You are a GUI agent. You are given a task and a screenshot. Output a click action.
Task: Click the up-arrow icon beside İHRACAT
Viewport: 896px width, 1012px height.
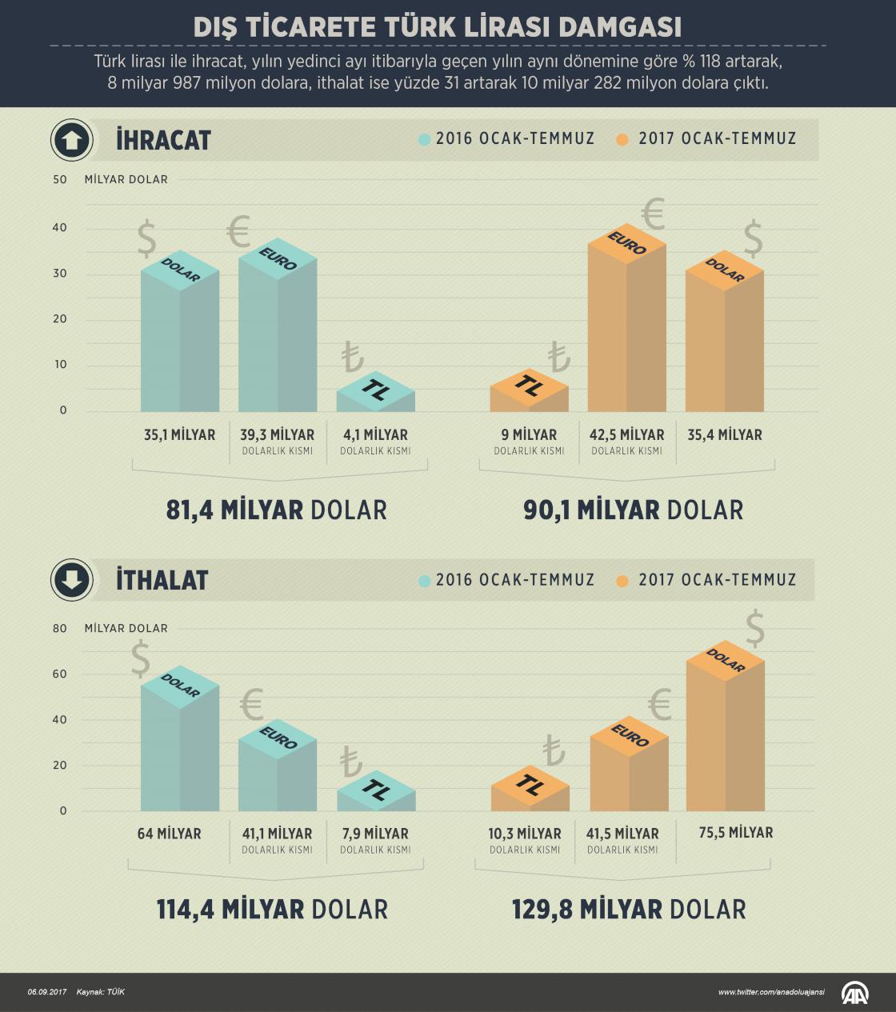click(71, 141)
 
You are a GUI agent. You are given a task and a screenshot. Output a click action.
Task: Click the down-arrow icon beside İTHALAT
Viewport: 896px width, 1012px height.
click(71, 580)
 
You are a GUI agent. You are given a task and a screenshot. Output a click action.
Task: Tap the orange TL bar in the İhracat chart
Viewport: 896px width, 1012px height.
click(529, 395)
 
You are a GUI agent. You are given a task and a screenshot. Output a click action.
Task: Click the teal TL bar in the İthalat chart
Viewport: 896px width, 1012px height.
click(375, 797)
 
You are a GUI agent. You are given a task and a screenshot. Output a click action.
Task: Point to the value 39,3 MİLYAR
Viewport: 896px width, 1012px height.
click(277, 435)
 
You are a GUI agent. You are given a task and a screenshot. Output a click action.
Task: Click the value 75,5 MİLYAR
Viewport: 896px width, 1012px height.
click(725, 833)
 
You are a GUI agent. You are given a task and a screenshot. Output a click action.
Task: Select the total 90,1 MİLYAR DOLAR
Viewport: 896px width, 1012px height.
click(633, 510)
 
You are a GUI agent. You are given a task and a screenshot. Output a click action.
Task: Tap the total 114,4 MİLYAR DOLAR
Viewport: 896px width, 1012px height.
click(272, 909)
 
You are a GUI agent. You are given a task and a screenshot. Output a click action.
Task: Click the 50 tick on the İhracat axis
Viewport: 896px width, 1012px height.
click(60, 179)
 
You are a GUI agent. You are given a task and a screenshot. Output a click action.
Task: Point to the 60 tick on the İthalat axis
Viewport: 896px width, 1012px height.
click(60, 674)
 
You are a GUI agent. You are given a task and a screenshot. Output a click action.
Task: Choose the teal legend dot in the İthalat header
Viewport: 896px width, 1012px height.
click(424, 580)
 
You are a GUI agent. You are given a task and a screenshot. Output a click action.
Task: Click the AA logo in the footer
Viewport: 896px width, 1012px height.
click(854, 992)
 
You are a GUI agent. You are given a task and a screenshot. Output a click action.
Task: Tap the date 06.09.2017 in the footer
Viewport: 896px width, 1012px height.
click(46, 992)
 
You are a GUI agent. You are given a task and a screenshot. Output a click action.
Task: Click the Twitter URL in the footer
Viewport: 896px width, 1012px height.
click(771, 992)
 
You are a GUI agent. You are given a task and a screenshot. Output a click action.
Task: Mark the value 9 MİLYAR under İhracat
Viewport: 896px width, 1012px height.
click(529, 435)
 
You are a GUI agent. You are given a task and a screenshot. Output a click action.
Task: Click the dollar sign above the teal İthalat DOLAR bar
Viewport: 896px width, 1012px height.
click(141, 659)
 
